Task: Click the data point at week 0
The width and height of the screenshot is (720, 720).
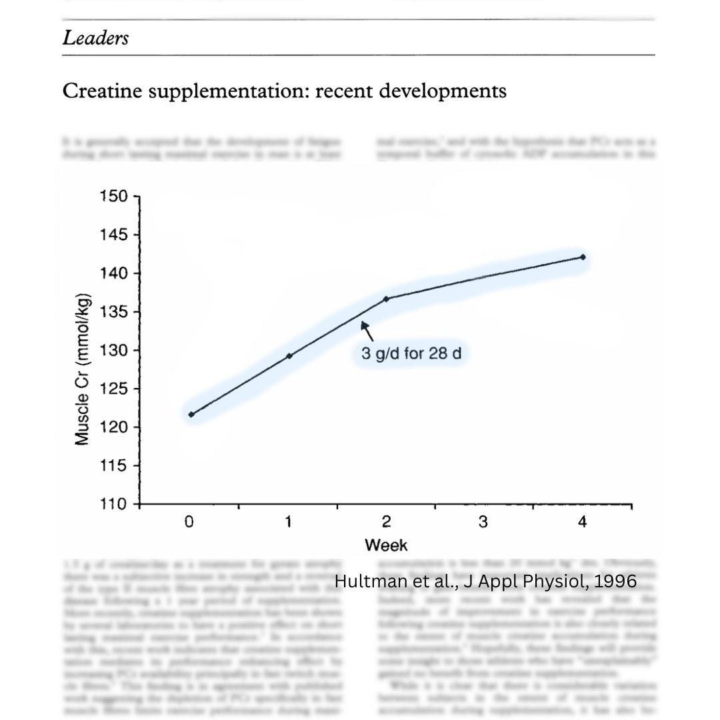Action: click(191, 414)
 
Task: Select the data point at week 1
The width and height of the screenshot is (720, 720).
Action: click(289, 356)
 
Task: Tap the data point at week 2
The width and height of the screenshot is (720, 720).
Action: click(386, 299)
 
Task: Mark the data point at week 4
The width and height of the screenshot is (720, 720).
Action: click(583, 257)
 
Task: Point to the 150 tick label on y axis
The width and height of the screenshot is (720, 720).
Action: click(113, 197)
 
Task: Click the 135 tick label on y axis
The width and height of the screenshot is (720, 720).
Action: click(113, 312)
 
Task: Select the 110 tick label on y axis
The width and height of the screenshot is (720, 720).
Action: click(113, 505)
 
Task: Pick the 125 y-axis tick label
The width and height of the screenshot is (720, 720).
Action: click(113, 389)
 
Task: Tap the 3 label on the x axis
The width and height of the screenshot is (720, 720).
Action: click(483, 522)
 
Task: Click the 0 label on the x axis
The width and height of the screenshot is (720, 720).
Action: click(190, 522)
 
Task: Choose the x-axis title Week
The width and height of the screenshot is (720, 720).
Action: click(386, 545)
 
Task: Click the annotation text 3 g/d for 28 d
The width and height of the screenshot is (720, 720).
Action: click(411, 353)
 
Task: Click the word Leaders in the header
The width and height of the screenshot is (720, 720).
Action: click(95, 38)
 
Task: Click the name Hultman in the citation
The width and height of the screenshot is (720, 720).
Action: click(369, 581)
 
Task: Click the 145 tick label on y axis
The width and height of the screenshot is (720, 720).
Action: click(113, 235)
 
